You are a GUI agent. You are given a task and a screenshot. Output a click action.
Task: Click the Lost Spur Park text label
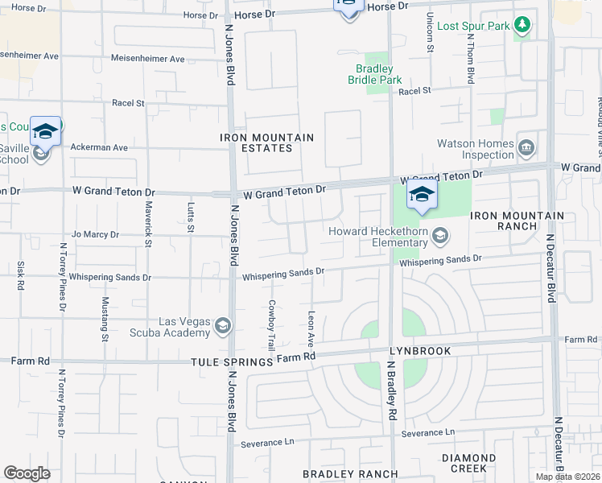tap(473, 26)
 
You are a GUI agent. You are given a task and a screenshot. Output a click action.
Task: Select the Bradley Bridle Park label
tap(375, 74)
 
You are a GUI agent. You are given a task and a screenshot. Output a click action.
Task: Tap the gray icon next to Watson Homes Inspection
tap(527, 147)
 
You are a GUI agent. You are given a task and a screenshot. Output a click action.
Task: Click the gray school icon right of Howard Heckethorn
tap(439, 235)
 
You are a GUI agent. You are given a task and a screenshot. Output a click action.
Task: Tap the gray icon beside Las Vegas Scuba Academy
tap(223, 326)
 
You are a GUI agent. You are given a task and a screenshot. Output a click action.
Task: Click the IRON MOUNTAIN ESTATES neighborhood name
tap(267, 142)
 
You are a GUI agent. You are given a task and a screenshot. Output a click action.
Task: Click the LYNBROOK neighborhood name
tap(418, 352)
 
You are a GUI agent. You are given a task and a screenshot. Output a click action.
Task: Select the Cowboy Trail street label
tap(272, 323)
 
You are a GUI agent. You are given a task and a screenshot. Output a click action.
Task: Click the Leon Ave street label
tap(311, 324)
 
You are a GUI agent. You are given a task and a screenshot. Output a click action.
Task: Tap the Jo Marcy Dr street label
tap(95, 235)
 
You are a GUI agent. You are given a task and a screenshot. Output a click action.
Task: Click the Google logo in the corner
tap(27, 473)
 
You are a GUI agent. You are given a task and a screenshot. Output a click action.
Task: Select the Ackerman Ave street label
tap(99, 148)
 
